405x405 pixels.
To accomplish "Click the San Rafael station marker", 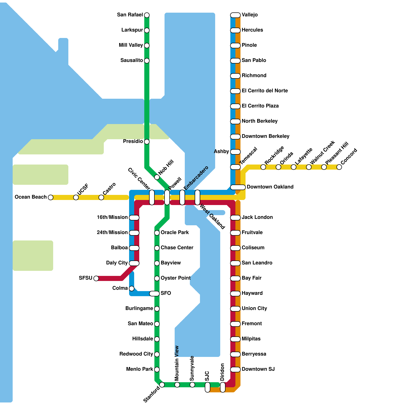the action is pos(147,15).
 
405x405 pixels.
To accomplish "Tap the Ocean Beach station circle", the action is pos(51,197).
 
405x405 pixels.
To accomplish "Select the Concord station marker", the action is pos(339,167).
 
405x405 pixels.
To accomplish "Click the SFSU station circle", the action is pos(96,278).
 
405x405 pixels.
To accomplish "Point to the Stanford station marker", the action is pos(162,385).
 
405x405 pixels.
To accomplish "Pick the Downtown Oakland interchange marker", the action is pos(238,187).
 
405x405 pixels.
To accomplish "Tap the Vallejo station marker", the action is pos(235,15).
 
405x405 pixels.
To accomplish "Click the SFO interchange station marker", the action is pos(154,294).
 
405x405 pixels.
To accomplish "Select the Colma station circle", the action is pos(132,289).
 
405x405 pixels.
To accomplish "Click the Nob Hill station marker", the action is pos(157,177).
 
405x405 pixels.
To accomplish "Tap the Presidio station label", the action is pos(133,141).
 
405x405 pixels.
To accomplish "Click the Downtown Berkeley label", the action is pos(266,136).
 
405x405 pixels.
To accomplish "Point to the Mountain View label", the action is pos(177,363).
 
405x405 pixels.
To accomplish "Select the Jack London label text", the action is pos(257,217).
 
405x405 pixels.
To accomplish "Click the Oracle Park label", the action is pos(175,232).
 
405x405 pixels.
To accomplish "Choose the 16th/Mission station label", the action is pos(112,217).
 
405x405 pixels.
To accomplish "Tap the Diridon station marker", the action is pos(223,387).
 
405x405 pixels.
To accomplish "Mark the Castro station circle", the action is pos(101,197).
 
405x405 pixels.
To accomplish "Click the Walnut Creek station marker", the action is pos(309,167).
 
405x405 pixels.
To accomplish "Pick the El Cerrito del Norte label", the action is pos(265,91).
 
